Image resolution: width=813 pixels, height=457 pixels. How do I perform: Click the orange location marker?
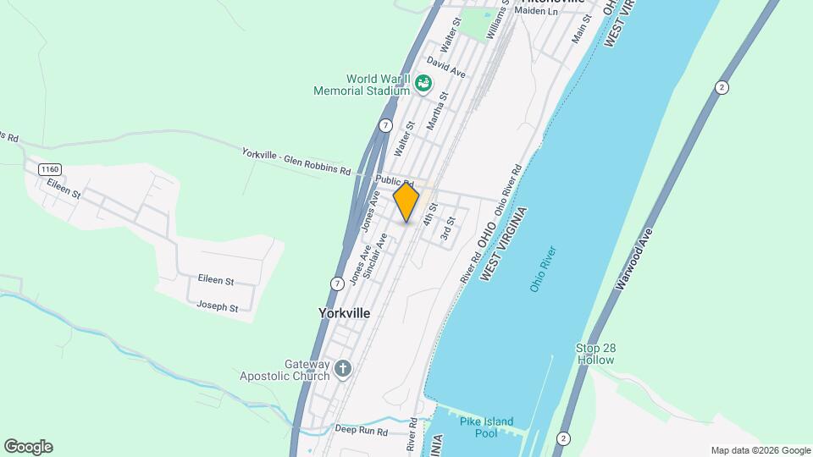coord(406,202)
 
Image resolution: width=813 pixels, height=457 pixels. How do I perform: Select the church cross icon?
coord(342,368)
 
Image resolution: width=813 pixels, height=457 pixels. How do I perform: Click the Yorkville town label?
coord(344,313)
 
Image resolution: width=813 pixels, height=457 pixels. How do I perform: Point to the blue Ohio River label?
coord(543,269)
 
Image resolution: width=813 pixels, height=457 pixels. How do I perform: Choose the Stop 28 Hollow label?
coord(595,354)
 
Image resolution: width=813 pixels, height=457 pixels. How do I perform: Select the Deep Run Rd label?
coord(360,431)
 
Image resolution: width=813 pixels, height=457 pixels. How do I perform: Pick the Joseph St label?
coord(218,306)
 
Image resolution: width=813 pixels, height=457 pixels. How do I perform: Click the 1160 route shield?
coord(49,169)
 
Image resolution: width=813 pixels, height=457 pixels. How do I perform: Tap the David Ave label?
coord(446,68)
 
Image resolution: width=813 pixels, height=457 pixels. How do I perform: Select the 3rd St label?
coord(448,228)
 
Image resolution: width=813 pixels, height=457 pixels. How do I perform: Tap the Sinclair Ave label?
coord(374,256)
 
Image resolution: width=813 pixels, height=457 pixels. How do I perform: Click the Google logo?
coord(28,447)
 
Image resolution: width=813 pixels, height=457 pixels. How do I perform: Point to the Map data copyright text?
coord(760,450)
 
